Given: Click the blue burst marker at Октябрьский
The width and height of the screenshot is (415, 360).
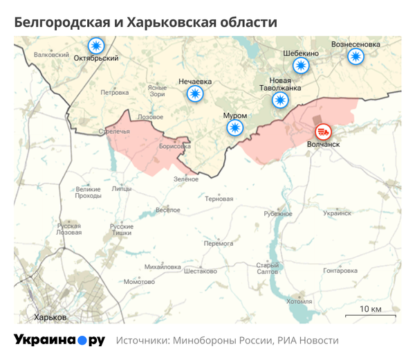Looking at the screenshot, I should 95,46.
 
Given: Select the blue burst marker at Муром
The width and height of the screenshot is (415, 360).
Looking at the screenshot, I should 236,127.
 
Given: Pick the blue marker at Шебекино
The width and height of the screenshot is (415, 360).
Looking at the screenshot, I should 300,66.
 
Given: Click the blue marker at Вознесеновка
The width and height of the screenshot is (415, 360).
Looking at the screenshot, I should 356,57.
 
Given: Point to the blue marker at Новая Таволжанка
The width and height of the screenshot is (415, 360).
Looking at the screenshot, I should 280,100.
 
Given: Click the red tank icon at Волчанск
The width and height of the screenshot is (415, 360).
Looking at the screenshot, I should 323,132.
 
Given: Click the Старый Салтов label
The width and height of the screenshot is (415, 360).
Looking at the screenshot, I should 268,269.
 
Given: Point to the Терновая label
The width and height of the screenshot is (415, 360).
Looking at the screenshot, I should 219,199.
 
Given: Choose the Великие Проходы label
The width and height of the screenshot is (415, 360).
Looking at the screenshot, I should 88,192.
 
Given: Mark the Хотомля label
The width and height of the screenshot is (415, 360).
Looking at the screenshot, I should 299,301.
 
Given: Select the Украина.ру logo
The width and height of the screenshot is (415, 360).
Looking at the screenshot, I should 59,340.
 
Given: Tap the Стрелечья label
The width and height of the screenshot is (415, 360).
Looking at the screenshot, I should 114,131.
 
